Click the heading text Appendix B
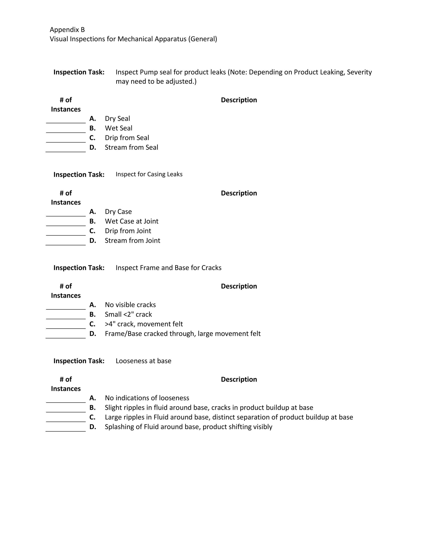(x=67, y=30)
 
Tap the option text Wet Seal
(x=119, y=128)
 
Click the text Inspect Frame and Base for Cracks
(x=168, y=268)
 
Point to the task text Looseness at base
(x=143, y=361)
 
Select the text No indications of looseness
(x=147, y=398)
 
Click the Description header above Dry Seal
(x=239, y=100)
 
